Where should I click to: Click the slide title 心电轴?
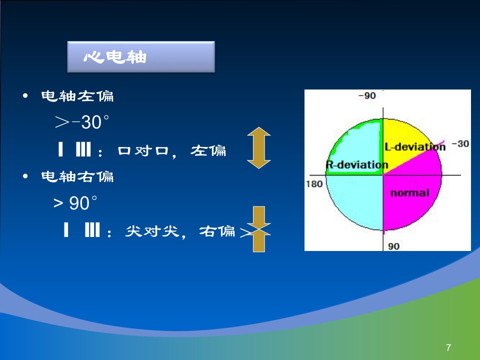[115, 57]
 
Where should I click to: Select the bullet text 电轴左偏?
[77, 96]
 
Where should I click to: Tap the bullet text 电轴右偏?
[77, 176]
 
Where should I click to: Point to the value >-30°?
[82, 122]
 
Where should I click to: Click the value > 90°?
[75, 202]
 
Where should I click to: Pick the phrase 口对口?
[143, 150]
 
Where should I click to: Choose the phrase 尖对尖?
[152, 231]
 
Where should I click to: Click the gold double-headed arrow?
[259, 148]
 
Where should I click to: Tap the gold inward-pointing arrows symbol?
[259, 229]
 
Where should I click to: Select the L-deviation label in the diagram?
[415, 147]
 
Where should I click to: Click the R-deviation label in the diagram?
[356, 164]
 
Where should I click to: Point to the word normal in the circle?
[410, 193]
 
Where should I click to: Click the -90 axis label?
[366, 96]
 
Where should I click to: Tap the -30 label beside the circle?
[460, 143]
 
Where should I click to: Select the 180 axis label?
[314, 184]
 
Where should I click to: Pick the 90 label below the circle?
[393, 246]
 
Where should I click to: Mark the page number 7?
[448, 347]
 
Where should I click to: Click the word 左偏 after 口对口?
[208, 150]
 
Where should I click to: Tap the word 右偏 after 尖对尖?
[217, 231]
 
